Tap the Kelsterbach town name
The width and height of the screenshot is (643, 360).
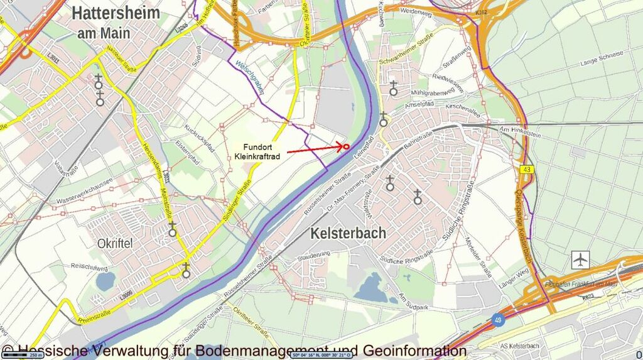tap(348, 234)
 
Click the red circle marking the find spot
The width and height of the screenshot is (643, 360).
tap(346, 146)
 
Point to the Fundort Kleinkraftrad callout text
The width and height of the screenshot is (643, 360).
tap(257, 151)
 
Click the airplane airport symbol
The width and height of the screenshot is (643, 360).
tap(581, 258)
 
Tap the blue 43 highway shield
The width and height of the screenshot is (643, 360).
tap(526, 170)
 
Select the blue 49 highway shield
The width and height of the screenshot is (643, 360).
tap(497, 320)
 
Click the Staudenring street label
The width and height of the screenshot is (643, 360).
tap(315, 254)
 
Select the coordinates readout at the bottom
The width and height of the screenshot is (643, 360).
tap(321, 355)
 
